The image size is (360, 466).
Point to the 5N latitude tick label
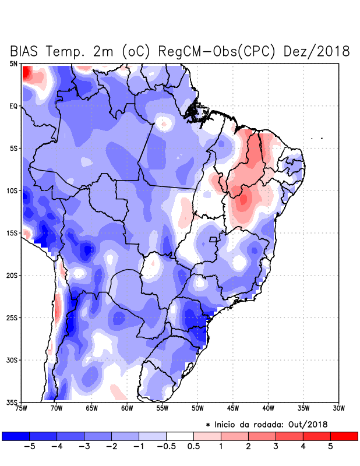pyautogui.click(x=13, y=63)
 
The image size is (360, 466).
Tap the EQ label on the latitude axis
pyautogui.click(x=13, y=106)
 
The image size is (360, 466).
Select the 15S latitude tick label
pyautogui.click(x=12, y=233)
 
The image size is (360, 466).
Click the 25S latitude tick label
pyautogui.click(x=12, y=317)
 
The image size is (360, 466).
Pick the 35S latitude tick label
pyautogui.click(x=12, y=402)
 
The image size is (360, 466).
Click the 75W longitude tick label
pyautogui.click(x=22, y=408)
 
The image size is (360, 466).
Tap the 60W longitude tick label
pyautogui.click(x=127, y=408)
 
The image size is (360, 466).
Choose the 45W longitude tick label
pyautogui.click(x=232, y=408)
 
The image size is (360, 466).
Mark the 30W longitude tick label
pyautogui.click(x=338, y=408)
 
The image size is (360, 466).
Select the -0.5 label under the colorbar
pyautogui.click(x=165, y=447)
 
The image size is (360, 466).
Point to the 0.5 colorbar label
pyautogui.click(x=193, y=447)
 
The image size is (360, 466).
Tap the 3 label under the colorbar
pyautogui.click(x=276, y=447)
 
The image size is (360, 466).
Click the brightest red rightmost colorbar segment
pyautogui.click(x=344, y=436)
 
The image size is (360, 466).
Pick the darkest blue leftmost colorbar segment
pyautogui.click(x=16, y=436)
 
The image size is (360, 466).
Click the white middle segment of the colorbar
pyautogui.click(x=179, y=436)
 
